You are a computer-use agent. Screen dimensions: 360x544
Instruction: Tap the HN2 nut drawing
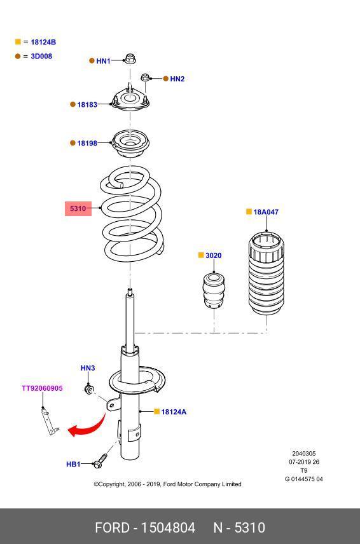145,77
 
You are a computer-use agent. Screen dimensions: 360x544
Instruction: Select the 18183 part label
87,104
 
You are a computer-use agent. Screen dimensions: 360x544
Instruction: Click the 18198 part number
87,143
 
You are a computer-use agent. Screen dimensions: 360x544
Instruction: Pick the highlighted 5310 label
78,208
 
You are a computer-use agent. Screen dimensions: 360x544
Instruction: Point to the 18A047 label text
266,212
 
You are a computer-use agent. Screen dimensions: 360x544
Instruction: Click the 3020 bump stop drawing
214,290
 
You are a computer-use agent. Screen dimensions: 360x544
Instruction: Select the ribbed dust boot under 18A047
267,273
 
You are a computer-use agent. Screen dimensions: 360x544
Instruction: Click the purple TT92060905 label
43,388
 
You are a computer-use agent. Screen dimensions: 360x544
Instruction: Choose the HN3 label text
88,368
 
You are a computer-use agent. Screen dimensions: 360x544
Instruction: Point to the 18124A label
174,412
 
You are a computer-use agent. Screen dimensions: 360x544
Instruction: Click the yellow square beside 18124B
18,42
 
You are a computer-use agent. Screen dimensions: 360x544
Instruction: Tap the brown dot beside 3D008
18,56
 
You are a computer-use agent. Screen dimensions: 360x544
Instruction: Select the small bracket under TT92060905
50,421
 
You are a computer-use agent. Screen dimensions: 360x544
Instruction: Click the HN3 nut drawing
90,390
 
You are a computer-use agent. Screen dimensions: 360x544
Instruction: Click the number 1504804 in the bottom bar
168,527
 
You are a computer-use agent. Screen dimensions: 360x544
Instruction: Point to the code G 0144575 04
304,479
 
